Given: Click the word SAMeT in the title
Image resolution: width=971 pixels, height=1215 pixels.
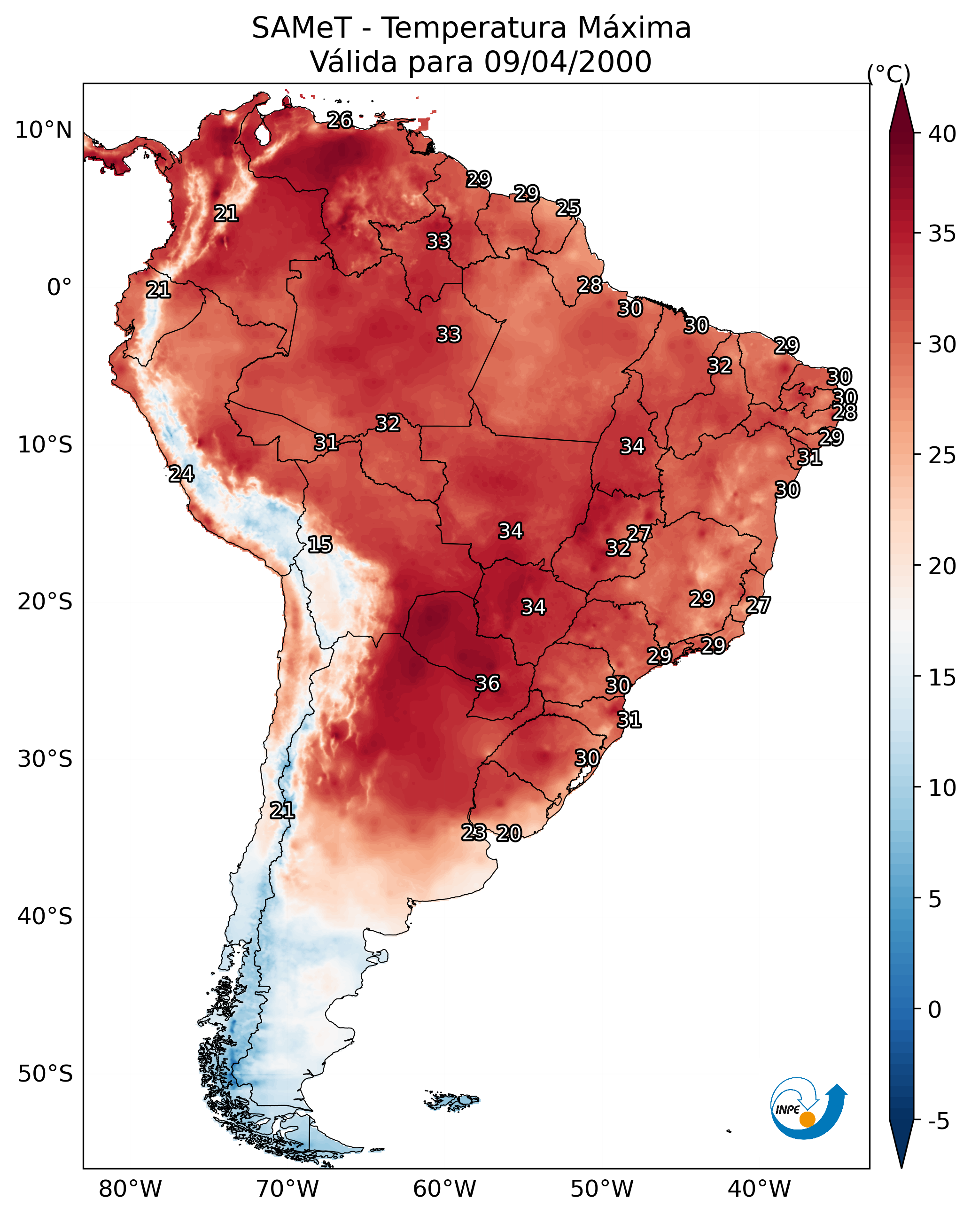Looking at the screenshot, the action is [x=302, y=28].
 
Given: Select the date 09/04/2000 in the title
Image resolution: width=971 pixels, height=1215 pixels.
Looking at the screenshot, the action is [x=567, y=62].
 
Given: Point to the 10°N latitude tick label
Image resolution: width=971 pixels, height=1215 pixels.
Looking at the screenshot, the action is [x=43, y=130].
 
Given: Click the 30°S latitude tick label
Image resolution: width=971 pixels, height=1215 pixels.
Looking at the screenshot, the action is [x=45, y=759].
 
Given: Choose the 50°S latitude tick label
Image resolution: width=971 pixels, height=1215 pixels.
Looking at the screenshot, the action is [x=45, y=1074].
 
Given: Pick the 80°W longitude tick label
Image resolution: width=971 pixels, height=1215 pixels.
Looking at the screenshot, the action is [x=130, y=1189].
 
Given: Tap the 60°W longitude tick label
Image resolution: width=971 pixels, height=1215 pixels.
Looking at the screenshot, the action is [x=445, y=1189].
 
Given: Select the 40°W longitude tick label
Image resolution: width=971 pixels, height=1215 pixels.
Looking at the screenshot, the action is [x=759, y=1189].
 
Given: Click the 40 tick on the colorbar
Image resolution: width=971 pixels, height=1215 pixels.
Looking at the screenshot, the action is [x=942, y=134].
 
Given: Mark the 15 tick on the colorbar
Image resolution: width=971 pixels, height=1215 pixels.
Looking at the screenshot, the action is [x=942, y=678].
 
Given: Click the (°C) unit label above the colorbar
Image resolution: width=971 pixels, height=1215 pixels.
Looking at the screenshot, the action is [x=889, y=74].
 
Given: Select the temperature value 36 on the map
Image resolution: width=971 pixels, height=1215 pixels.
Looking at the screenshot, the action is [x=488, y=684].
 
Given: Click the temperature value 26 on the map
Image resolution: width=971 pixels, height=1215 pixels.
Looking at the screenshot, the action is [x=340, y=120].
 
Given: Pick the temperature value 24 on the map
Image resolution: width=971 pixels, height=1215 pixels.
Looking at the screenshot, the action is [x=181, y=474].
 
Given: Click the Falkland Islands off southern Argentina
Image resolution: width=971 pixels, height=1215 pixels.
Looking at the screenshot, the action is [x=451, y=1100].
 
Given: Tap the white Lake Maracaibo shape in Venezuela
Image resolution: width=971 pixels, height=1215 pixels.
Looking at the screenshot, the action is [x=262, y=133].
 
